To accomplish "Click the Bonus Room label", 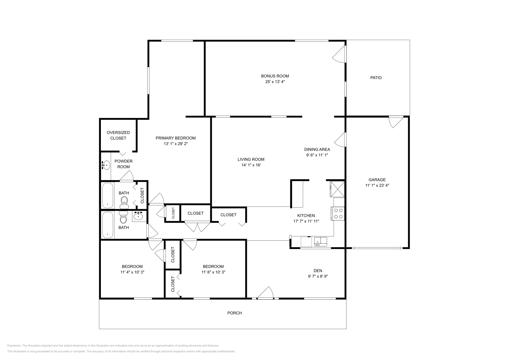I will [275, 76].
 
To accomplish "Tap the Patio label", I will [376, 78].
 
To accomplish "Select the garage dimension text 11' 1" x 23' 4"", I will [377, 185].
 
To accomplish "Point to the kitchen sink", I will [320, 242].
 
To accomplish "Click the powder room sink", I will [106, 165].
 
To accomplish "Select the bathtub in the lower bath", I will [108, 225].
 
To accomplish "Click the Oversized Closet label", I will [118, 135].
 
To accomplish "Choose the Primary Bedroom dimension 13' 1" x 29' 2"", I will [176, 144].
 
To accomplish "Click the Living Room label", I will [251, 159].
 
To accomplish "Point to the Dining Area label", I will [317, 149].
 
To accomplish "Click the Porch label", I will [234, 313].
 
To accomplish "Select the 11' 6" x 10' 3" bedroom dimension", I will [213, 272].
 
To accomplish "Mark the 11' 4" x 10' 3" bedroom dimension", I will [132, 272].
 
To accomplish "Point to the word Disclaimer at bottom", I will [14, 345].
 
